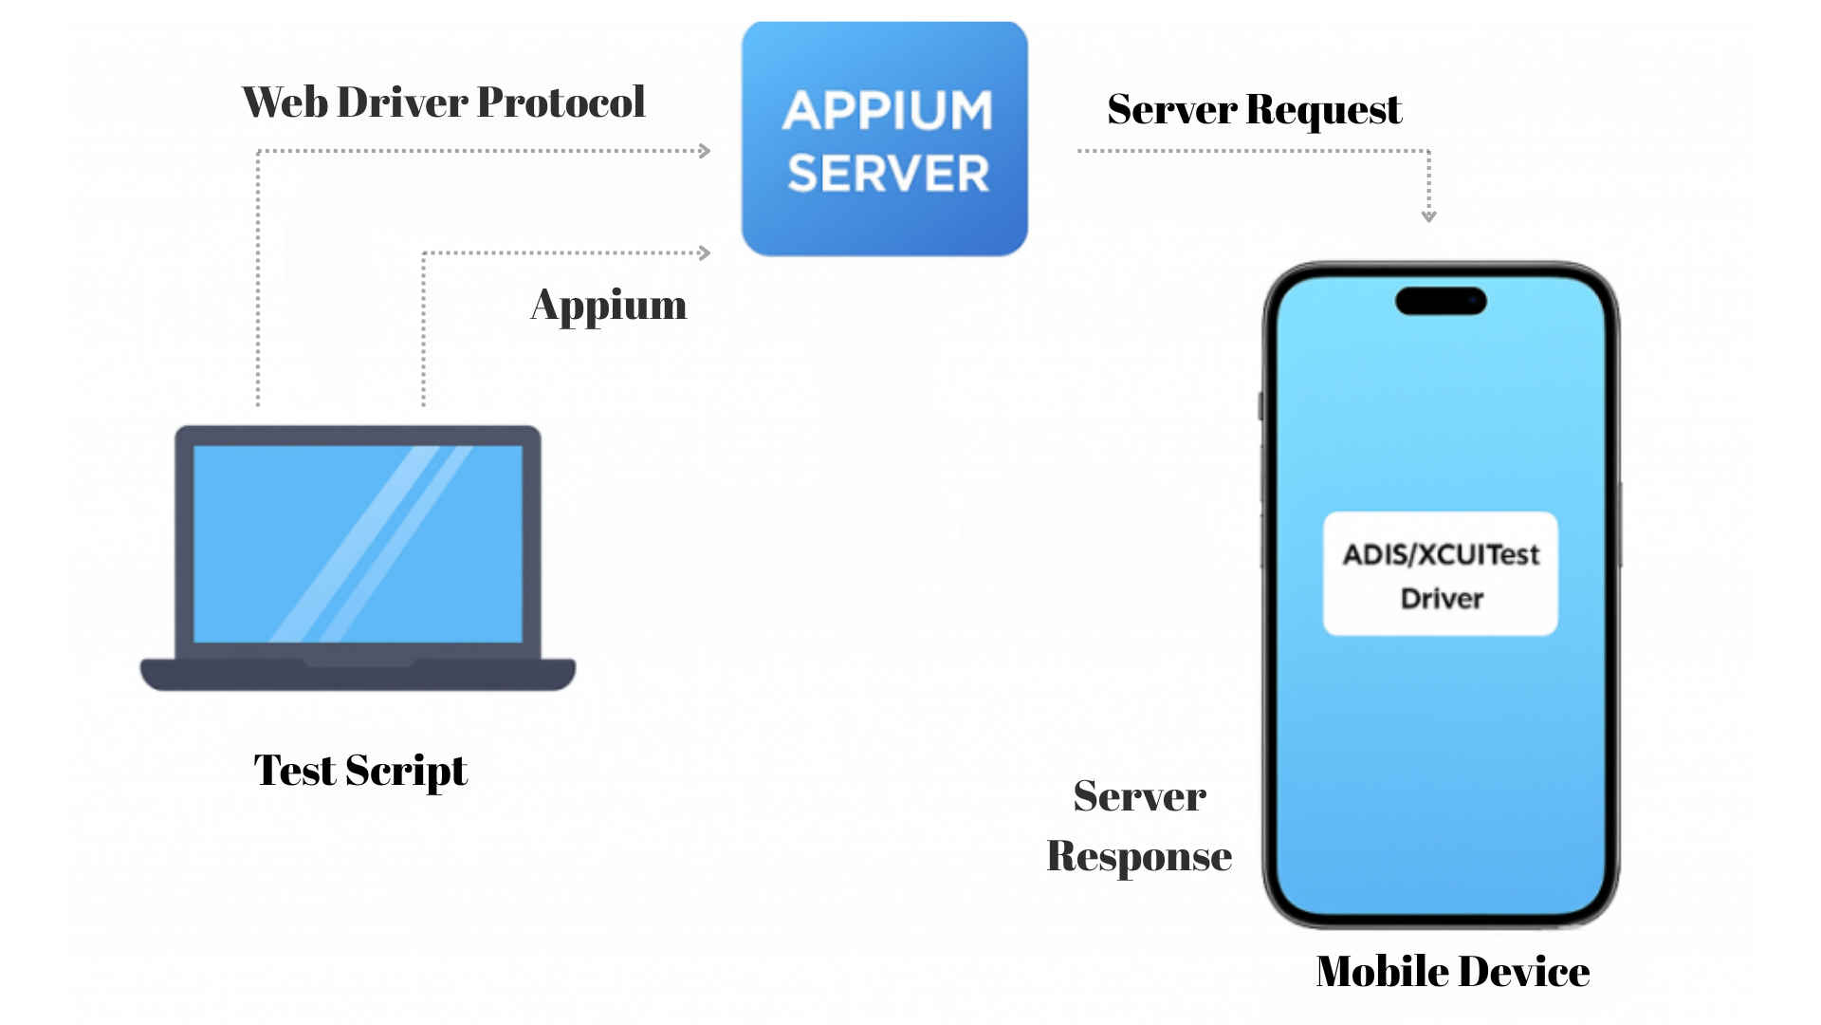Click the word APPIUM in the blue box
coord(888,111)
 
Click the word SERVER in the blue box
coord(888,175)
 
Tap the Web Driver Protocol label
coord(443,102)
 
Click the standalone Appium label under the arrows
coord(608,306)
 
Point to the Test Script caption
coord(359,771)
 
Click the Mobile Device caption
coord(1452,972)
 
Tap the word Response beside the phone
coord(1138,856)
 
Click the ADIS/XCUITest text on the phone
coord(1441,554)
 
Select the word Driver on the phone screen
coord(1442,599)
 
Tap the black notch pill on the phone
coord(1441,301)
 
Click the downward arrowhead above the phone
coord(1428,216)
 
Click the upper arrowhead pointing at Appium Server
coord(705,151)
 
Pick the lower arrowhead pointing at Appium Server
coord(705,253)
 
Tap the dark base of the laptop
coord(358,676)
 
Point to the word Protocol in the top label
coord(561,102)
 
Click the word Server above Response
coord(1139,796)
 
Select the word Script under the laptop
coord(406,771)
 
